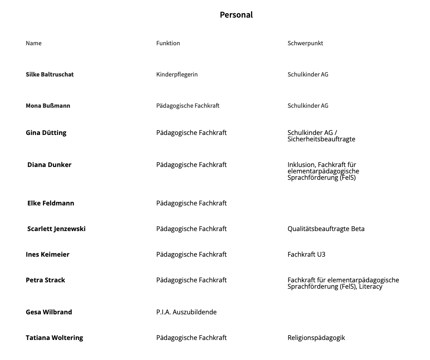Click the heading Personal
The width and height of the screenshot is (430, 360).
coord(236,15)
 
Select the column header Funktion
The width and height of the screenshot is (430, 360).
coord(168,43)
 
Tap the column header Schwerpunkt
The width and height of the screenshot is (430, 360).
coord(305,43)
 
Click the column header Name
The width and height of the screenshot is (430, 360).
coord(34,43)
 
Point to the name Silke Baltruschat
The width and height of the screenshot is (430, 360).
coord(50,74)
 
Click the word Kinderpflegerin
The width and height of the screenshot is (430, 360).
coord(177,74)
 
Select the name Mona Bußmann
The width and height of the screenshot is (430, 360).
coord(48,106)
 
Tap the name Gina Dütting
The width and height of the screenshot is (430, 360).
coord(46,133)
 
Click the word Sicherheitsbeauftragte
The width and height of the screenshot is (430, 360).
coord(321,139)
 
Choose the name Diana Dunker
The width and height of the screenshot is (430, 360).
coord(49,165)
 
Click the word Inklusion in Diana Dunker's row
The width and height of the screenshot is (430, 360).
coord(301,165)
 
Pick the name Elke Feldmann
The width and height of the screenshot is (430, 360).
coord(50,203)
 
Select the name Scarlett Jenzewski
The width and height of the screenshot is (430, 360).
coord(56,229)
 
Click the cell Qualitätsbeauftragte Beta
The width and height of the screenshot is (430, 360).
coord(326,229)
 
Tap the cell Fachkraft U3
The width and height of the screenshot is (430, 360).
coord(306,254)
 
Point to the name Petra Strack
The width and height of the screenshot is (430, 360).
coord(45,280)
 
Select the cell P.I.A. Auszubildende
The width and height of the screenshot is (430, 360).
coord(186,312)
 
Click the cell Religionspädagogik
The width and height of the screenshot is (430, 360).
coord(316,338)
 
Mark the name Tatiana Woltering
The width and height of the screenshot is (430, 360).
coord(54,338)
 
